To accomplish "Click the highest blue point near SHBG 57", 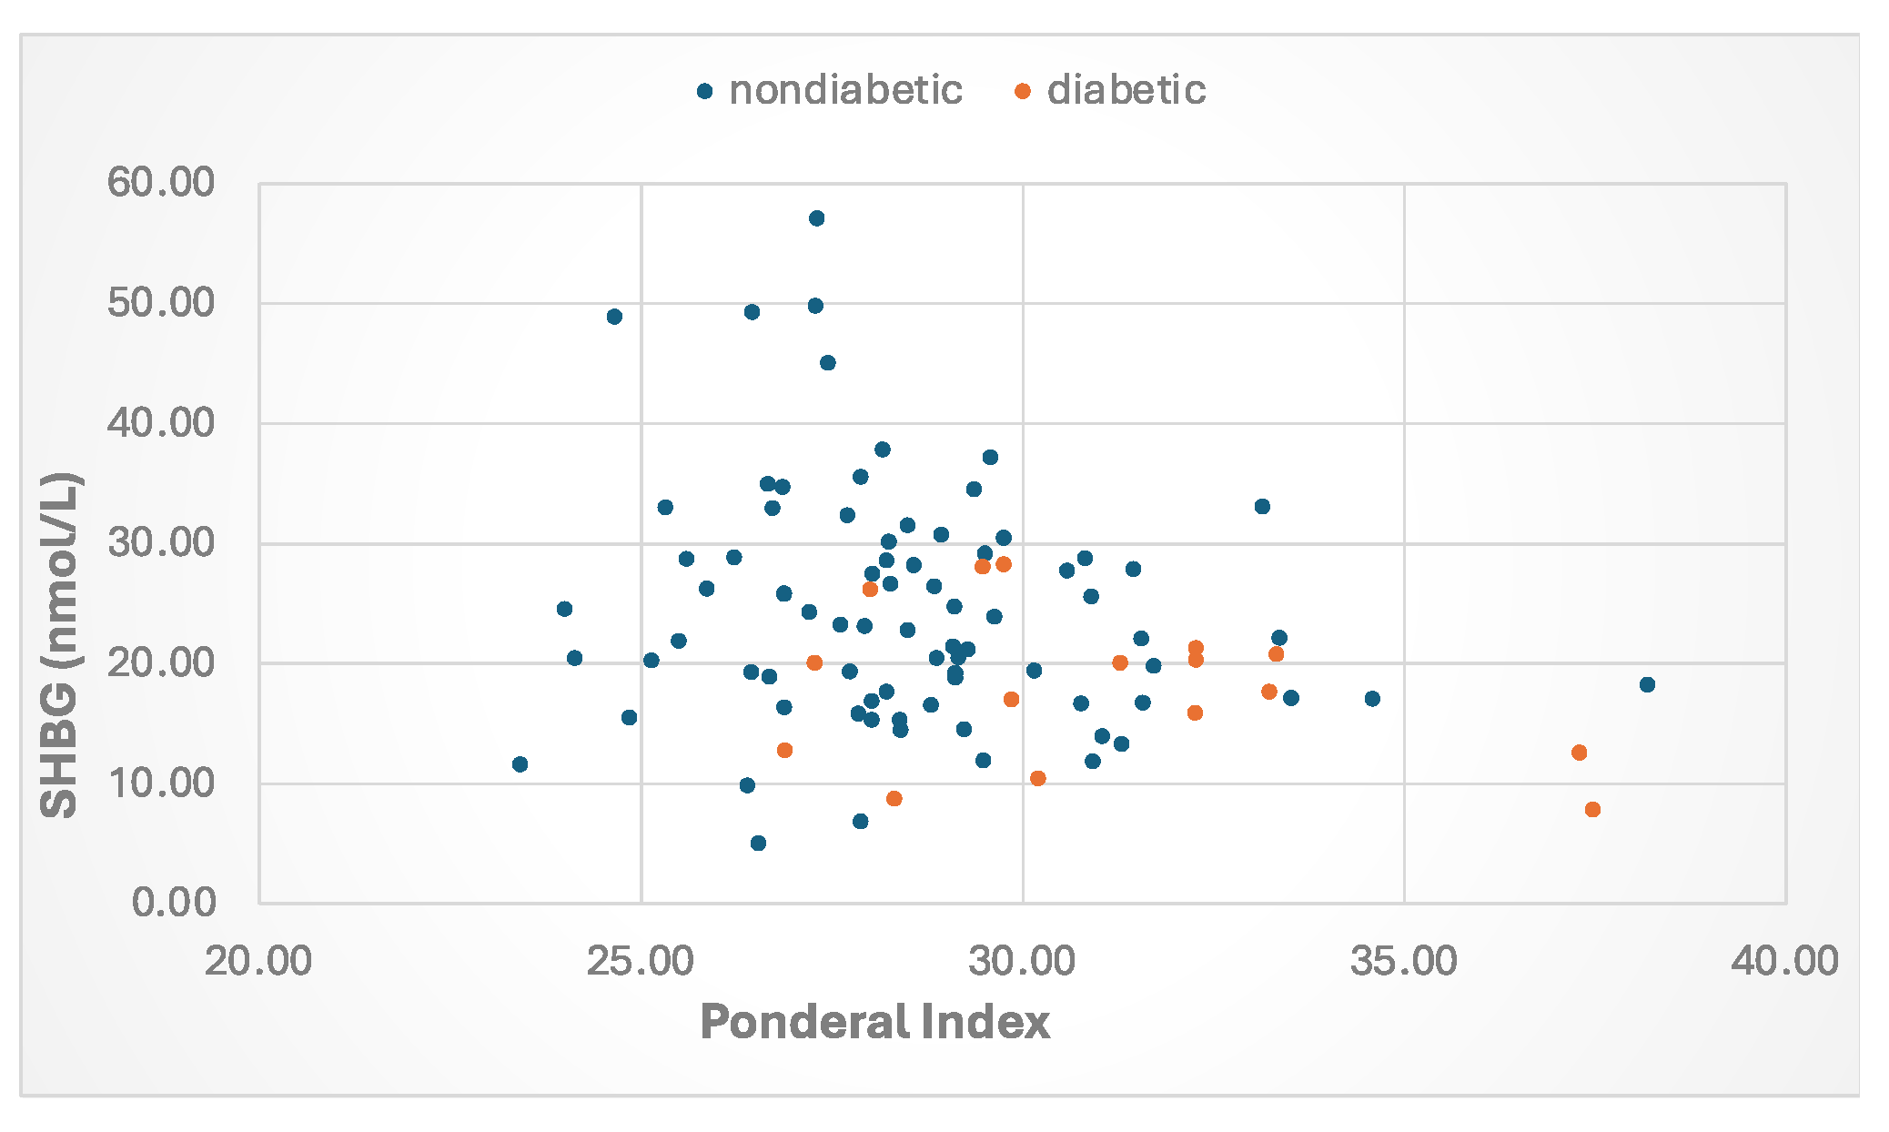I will pos(816,218).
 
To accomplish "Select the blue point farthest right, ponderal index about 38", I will pos(1647,684).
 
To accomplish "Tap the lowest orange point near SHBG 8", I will pos(1592,809).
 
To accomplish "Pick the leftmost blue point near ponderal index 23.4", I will pos(520,763).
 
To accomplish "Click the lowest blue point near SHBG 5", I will pos(758,843).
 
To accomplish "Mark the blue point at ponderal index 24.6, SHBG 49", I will pos(614,317).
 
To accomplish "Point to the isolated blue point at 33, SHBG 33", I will pos(1262,506).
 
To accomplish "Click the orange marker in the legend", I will pos(1023,91).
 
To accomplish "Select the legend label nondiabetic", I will pos(845,90).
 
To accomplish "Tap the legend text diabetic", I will pos(1126,90).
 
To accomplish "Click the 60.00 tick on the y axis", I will pos(160,183).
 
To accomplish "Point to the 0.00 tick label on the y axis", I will pos(173,902).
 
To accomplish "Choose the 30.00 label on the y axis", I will pos(160,542).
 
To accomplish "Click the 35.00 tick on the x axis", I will pos(1403,961).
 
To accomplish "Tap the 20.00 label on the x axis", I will pos(258,961).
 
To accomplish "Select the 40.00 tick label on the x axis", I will pos(1784,961).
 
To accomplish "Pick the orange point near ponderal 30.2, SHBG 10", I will pos(1037,778).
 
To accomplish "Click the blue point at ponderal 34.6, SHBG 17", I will pos(1372,699).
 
